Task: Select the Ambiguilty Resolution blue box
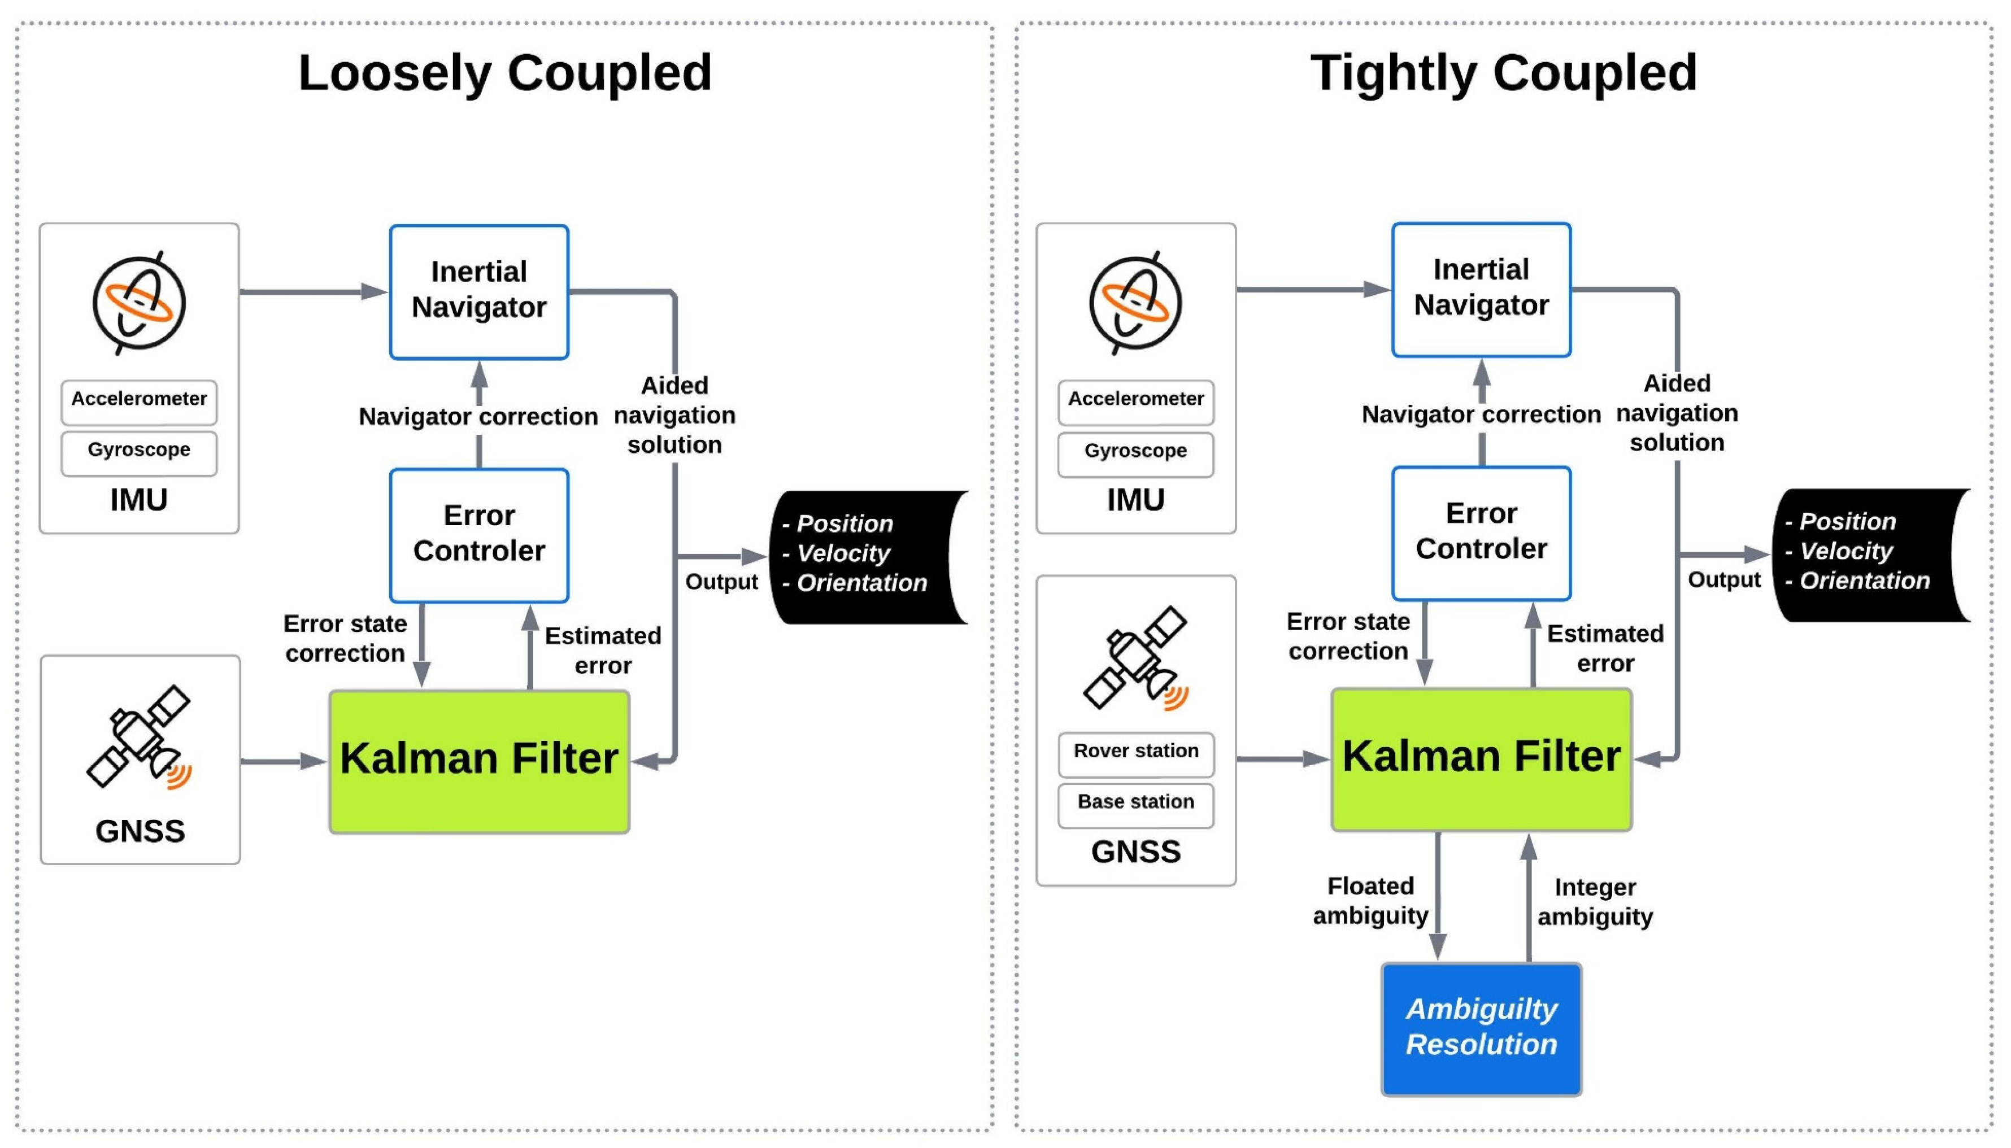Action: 1481,1028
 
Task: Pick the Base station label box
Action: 1135,804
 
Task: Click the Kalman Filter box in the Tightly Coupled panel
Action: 1481,758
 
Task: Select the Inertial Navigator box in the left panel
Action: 478,292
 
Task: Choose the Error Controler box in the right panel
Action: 1481,533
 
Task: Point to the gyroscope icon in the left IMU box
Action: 139,304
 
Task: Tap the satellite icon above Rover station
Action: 1135,658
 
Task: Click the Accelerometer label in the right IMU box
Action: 1135,399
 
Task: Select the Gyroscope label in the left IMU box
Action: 139,449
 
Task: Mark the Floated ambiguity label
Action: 1370,901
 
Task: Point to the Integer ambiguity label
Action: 1595,902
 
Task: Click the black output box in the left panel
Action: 868,557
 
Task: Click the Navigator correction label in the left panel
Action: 478,416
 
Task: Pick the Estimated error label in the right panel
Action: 1605,648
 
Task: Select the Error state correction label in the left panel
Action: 345,639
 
